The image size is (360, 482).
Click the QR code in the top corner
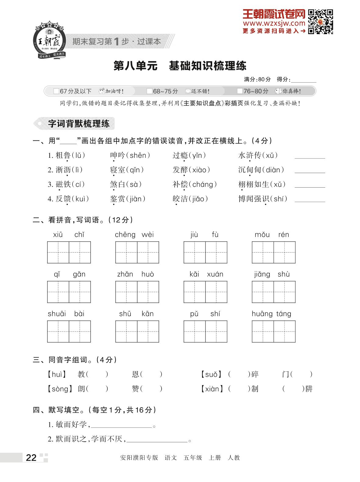tap(320, 22)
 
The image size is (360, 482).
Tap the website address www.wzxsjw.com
tap(274, 23)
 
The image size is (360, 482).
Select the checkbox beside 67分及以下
tap(56, 91)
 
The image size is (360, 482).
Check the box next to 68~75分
tap(149, 91)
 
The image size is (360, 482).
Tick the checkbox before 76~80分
tap(240, 91)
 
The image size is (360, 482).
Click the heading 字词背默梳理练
tap(79, 124)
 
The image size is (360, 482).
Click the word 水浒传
tap(250, 155)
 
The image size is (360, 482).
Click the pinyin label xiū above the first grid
tap(58, 235)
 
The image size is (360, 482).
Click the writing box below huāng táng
tap(273, 331)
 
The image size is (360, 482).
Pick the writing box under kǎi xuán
tap(205, 292)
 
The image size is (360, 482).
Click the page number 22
tap(31, 458)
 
